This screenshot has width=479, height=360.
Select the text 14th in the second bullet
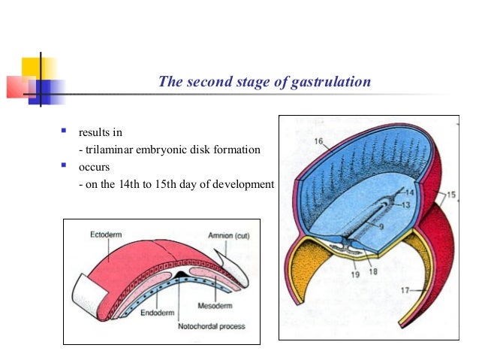point(121,183)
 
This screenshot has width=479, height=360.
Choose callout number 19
point(354,275)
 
